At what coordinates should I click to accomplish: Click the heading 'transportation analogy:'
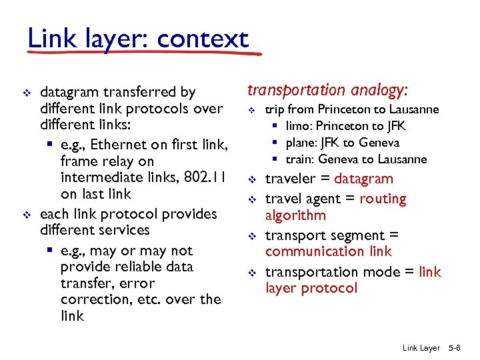(327, 90)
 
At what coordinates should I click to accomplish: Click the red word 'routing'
(383, 199)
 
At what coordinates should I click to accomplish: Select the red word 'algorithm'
(295, 215)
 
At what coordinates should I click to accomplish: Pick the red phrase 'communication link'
(328, 251)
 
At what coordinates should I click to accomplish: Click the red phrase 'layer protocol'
(311, 288)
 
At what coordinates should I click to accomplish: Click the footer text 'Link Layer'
(421, 348)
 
